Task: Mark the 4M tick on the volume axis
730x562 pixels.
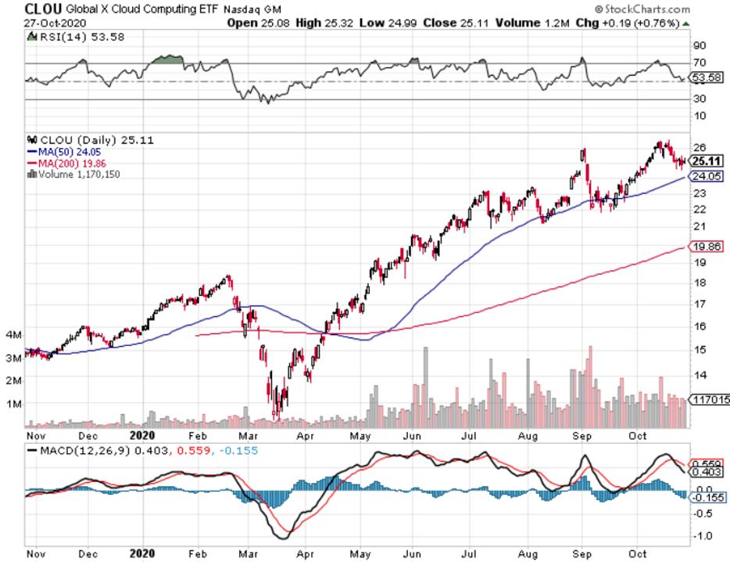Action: (x=12, y=334)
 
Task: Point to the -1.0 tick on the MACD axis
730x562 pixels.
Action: (x=702, y=536)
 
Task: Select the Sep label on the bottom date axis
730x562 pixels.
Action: (x=582, y=553)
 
